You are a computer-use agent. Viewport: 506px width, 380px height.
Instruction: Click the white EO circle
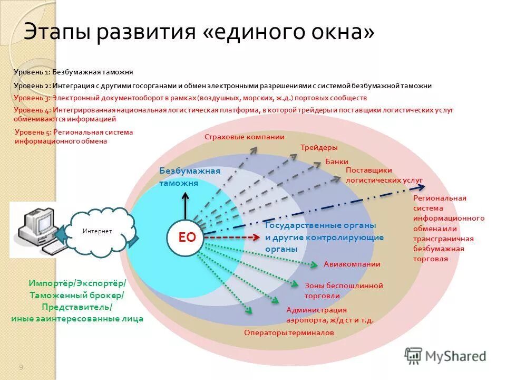[187, 237]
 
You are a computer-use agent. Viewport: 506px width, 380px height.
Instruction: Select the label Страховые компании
[244, 137]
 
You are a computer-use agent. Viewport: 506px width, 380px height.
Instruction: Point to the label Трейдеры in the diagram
[319, 148]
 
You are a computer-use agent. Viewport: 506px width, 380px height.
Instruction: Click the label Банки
[336, 161]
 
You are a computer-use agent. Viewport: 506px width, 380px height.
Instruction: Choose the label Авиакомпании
[352, 264]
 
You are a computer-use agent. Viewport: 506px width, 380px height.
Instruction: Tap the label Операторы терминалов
[289, 333]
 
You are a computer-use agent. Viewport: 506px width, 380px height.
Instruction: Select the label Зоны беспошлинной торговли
[343, 291]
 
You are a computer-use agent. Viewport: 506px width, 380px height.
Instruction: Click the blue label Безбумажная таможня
[189, 177]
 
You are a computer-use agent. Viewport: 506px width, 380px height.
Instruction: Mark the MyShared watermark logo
[445, 356]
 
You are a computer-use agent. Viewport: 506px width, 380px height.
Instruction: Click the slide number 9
[21, 367]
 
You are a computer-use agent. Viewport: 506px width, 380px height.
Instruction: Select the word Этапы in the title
[56, 33]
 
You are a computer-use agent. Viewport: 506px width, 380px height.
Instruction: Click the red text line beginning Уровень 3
[190, 98]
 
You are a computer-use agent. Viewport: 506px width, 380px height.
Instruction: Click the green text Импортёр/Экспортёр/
[77, 284]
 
